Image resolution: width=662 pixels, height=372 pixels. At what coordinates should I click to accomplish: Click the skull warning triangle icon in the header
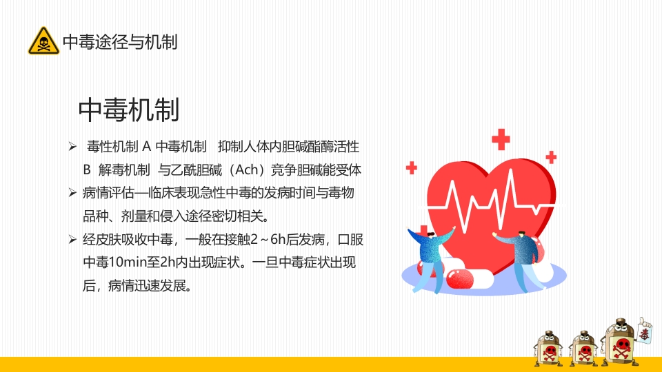tap(43, 42)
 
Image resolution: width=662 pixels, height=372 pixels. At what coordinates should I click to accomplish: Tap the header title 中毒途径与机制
tap(120, 42)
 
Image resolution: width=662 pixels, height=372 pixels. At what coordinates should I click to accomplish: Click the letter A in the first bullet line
tap(146, 147)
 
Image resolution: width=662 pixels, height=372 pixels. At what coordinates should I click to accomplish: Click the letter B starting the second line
tap(87, 169)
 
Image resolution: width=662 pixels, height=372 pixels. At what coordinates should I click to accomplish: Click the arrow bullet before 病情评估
tap(72, 193)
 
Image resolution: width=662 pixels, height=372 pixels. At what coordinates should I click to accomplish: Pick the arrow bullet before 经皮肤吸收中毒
tap(72, 240)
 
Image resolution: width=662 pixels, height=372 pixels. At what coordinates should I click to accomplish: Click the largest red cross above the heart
tap(501, 139)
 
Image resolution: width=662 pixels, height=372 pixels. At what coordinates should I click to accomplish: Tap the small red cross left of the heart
tap(412, 167)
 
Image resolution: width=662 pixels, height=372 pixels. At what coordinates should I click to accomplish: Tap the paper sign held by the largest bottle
tap(645, 333)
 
